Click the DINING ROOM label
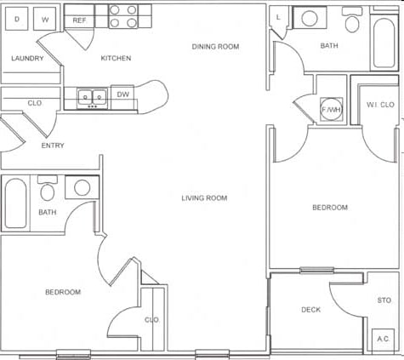[214, 47]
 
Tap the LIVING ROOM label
[204, 198]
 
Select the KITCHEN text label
[116, 58]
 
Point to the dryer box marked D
[17, 18]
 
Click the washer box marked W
[45, 18]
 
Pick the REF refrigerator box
[79, 19]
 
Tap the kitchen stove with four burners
[123, 16]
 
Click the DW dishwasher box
[122, 95]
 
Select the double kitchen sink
[92, 97]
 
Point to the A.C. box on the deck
[383, 339]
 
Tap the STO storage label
[384, 300]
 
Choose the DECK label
[310, 310]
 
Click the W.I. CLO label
[379, 105]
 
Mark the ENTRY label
[53, 146]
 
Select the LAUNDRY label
[27, 58]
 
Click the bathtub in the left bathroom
[16, 203]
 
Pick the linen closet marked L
[279, 17]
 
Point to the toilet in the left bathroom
[48, 188]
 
